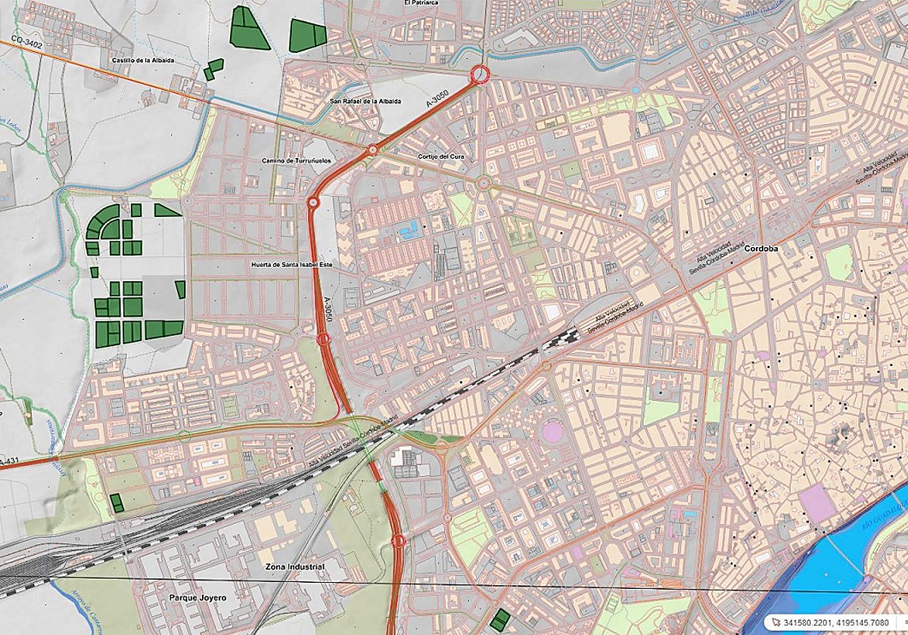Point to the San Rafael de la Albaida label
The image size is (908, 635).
pos(365,101)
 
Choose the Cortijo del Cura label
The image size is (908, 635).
pos(440,156)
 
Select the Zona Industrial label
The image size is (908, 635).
pos(294,566)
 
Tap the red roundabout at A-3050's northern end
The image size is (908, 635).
pos(479,74)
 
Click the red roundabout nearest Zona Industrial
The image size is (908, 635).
pos(399,541)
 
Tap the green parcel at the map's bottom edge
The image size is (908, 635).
pos(499,620)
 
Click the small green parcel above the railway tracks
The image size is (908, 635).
pos(117,501)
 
